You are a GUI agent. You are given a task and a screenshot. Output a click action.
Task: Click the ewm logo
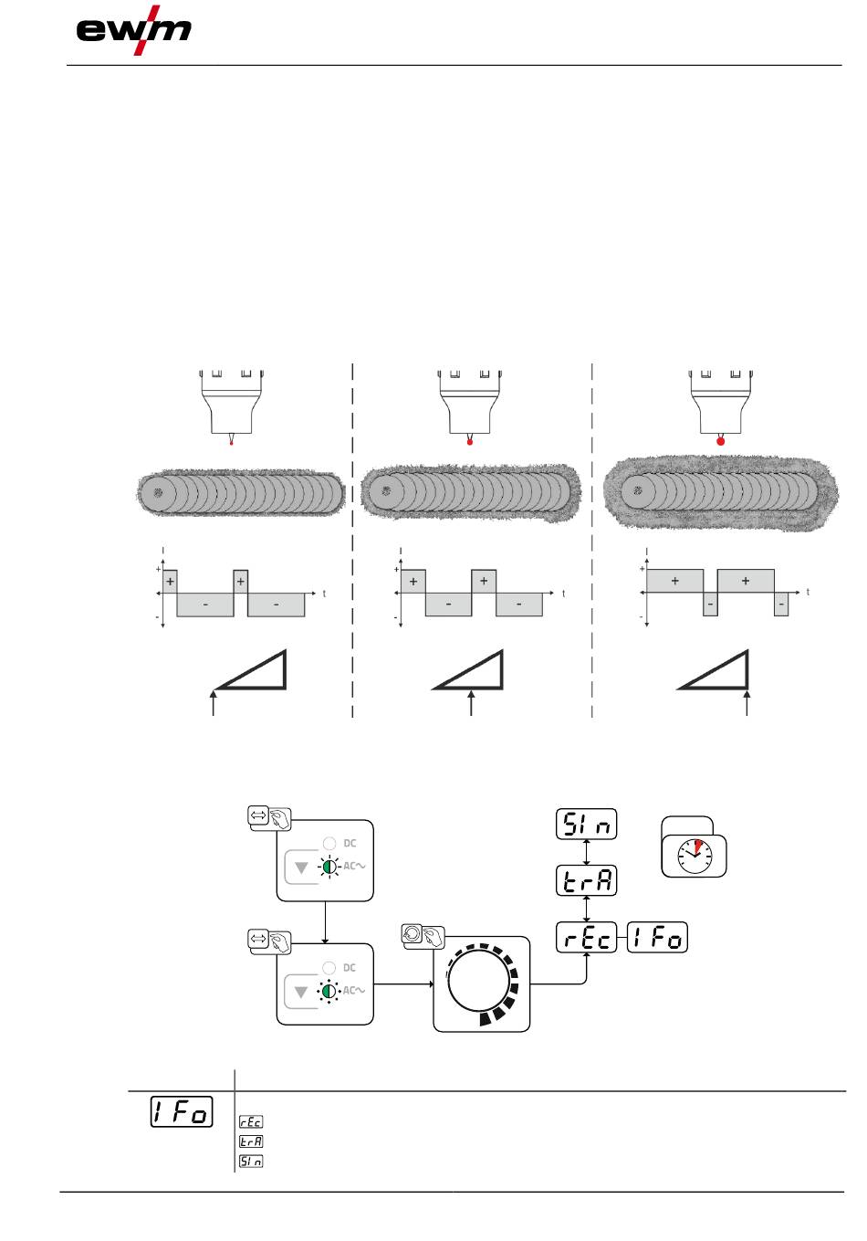click(x=133, y=30)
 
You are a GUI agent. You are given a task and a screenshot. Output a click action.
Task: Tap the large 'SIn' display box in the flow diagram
click(x=586, y=824)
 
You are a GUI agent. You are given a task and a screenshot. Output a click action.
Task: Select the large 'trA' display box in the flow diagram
click(x=586, y=880)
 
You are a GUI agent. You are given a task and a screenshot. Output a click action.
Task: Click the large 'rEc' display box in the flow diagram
click(x=586, y=938)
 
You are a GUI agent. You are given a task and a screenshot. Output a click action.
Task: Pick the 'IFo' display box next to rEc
click(x=657, y=938)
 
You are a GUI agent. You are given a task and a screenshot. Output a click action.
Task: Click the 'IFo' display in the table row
click(x=182, y=1111)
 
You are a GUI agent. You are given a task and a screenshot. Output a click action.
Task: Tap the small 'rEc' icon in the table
click(x=251, y=1121)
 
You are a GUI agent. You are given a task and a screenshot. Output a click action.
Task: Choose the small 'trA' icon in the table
click(x=251, y=1141)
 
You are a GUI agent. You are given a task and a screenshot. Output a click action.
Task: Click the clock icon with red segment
click(x=695, y=856)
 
